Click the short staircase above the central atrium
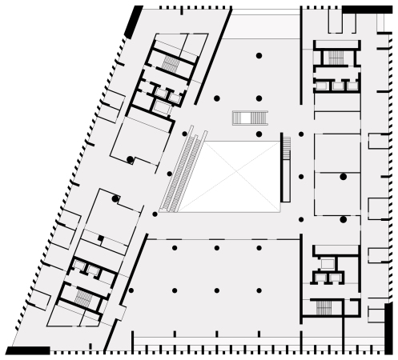click(x=248, y=118)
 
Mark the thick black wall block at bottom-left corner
click(x=28, y=350)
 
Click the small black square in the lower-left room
click(x=100, y=238)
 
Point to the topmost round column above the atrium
click(x=259, y=55)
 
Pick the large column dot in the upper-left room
click(x=130, y=160)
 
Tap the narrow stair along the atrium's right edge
click(x=284, y=170)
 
